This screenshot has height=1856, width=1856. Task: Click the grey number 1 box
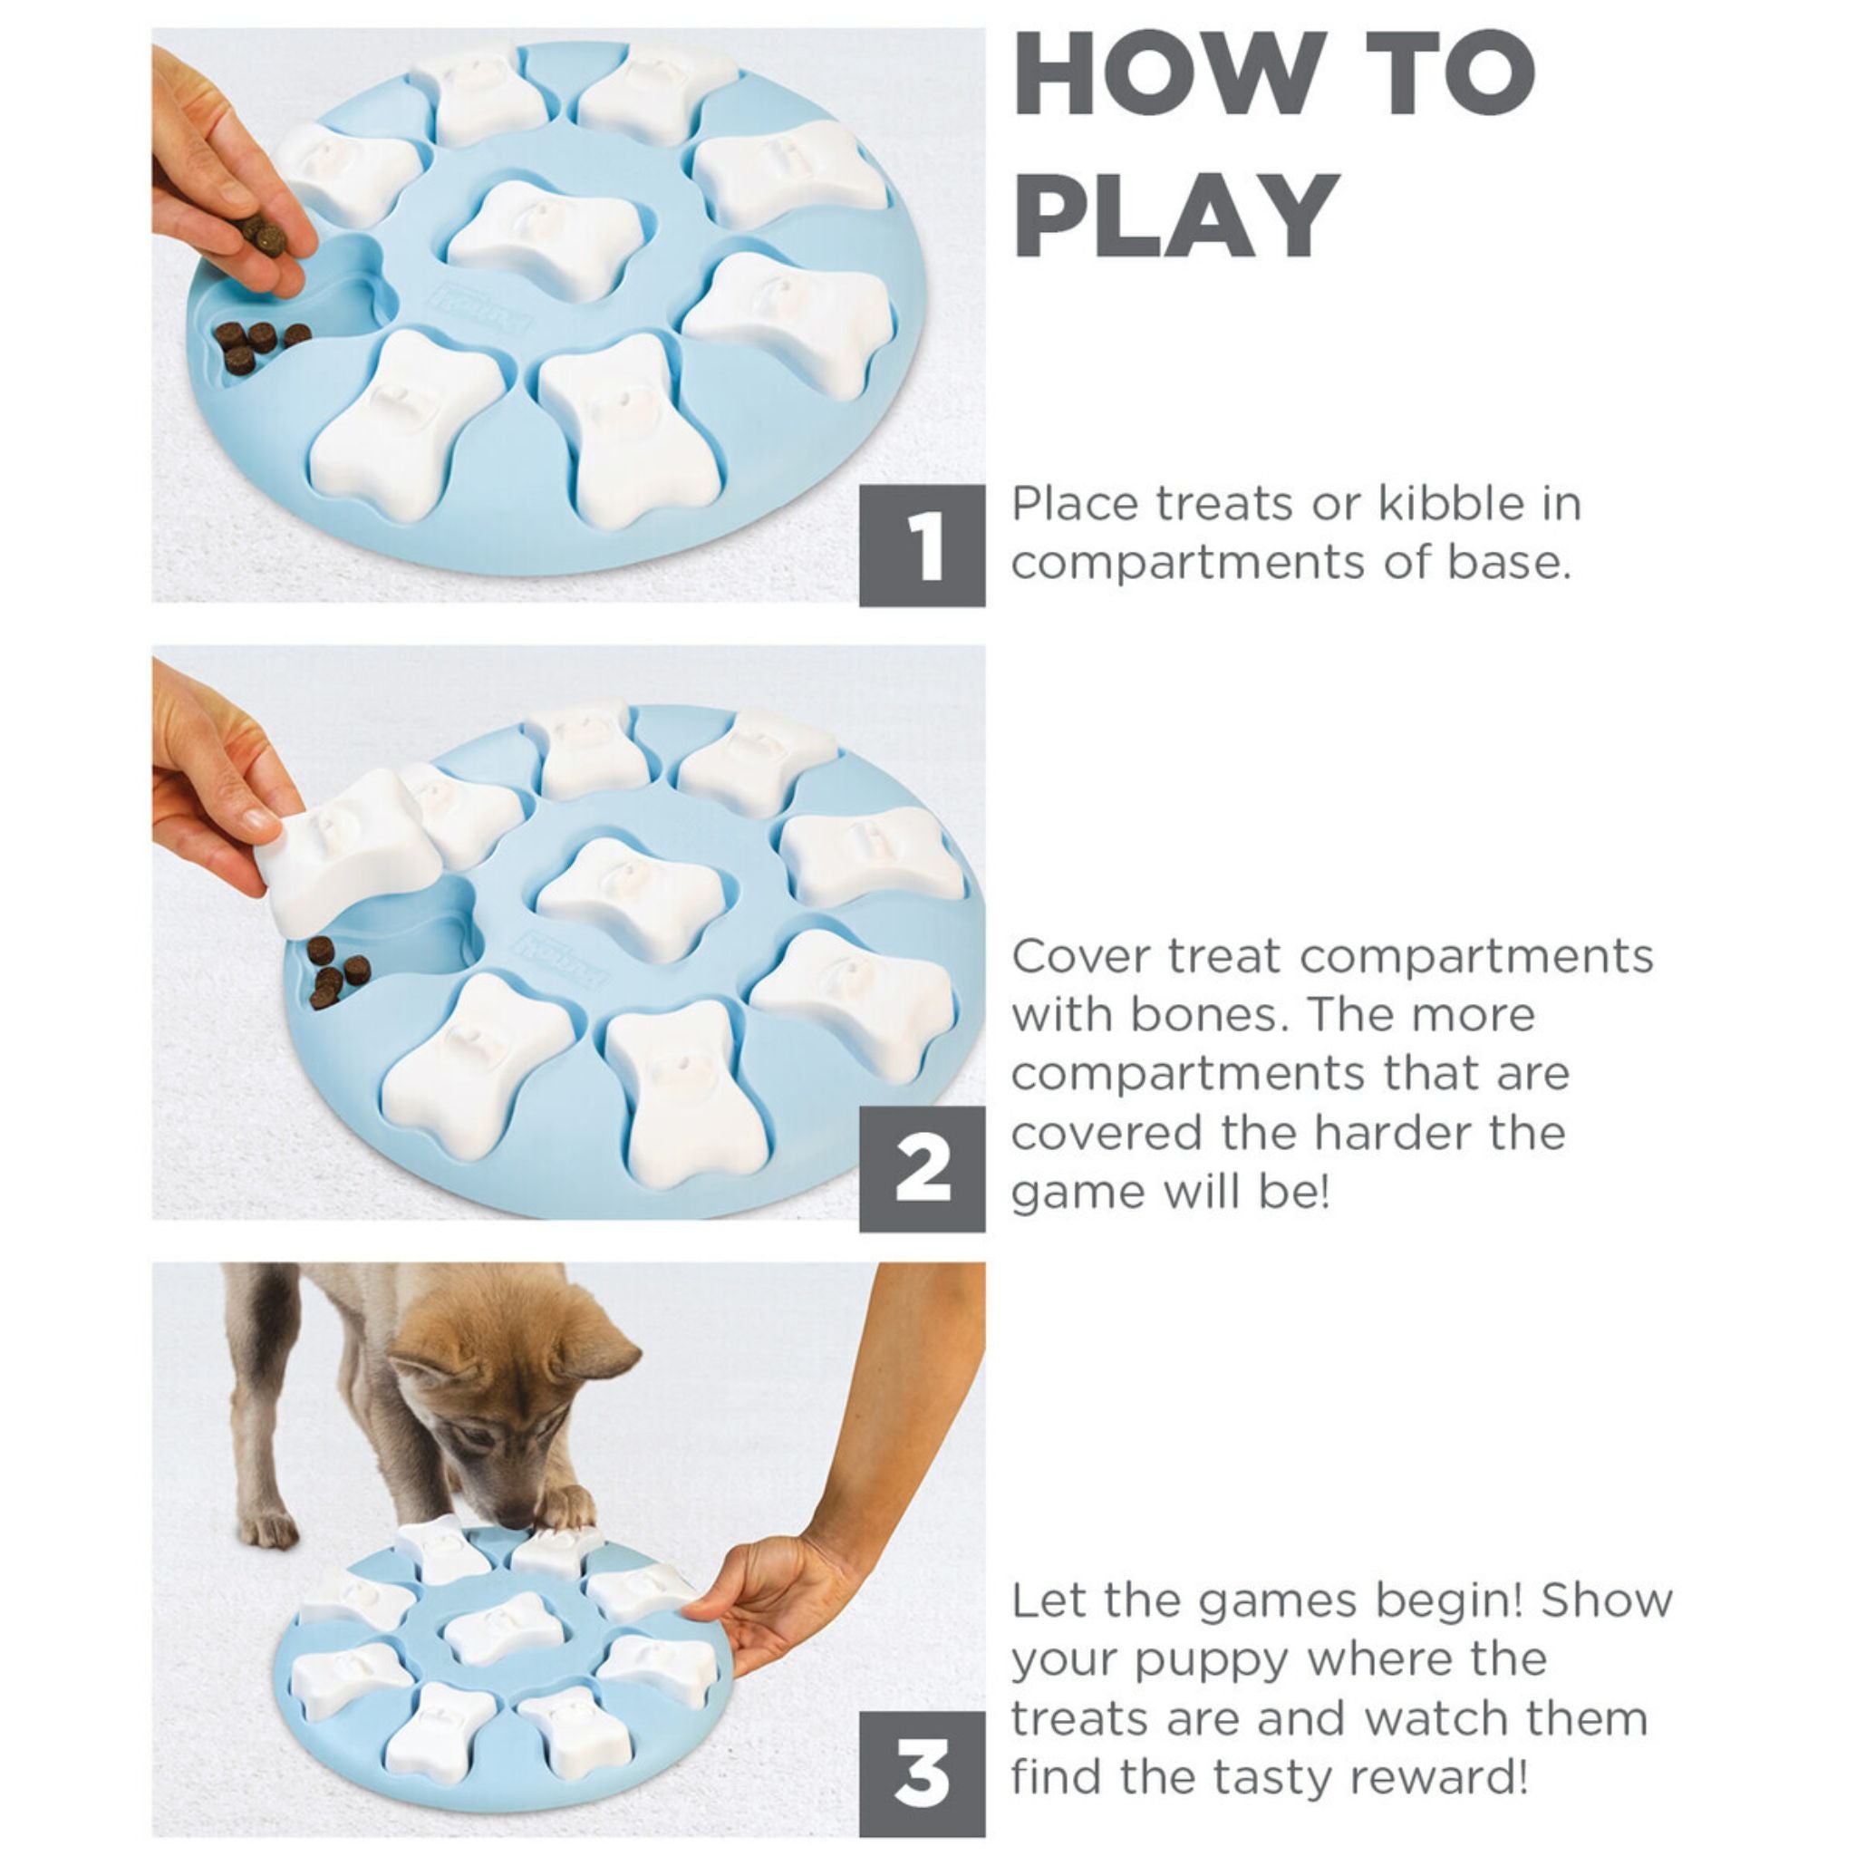[922, 545]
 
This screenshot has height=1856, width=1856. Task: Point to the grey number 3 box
[922, 1774]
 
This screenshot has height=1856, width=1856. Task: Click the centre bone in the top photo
[545, 237]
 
